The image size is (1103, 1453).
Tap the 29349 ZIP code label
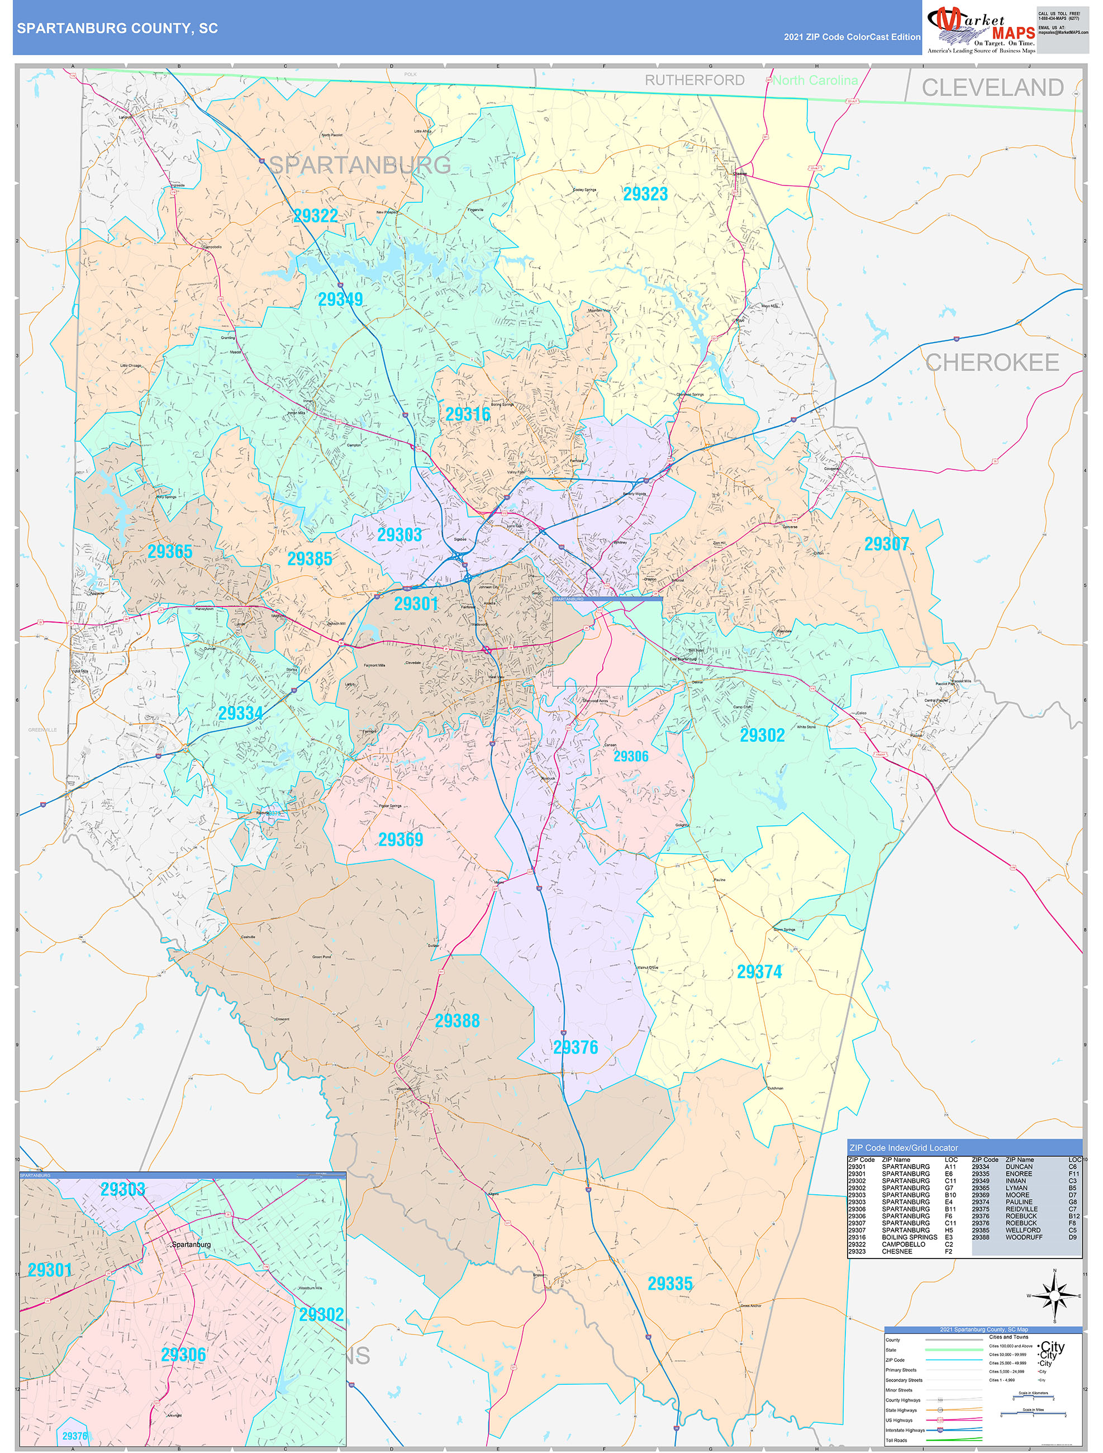pyautogui.click(x=340, y=300)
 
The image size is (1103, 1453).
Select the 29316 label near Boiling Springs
pyautogui.click(x=468, y=414)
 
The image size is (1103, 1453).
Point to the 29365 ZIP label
pyautogui.click(x=169, y=552)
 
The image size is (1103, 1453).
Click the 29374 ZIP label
pyautogui.click(x=759, y=971)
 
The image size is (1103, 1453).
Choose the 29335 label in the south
pyautogui.click(x=669, y=1284)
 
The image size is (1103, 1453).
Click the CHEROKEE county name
pyautogui.click(x=991, y=363)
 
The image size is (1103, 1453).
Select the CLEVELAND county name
pyautogui.click(x=992, y=87)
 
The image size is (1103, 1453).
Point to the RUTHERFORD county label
pyautogui.click(x=695, y=80)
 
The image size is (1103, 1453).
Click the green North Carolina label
pyautogui.click(x=815, y=80)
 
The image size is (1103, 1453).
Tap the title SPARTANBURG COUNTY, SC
pyautogui.click(x=117, y=29)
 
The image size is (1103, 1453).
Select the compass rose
pyautogui.click(x=1054, y=1296)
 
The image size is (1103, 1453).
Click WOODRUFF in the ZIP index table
pyautogui.click(x=1023, y=1237)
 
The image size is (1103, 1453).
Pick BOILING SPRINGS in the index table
pyautogui.click(x=909, y=1237)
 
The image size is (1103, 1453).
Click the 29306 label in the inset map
pyautogui.click(x=183, y=1355)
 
